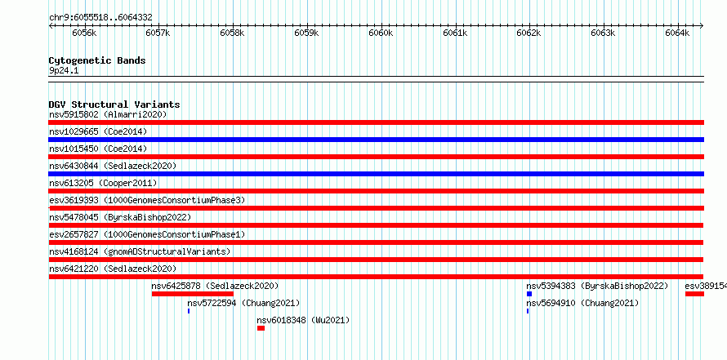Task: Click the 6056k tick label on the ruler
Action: click(84, 33)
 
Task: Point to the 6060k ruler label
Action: click(381, 33)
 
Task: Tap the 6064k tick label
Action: click(677, 33)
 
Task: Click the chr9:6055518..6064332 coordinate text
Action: click(100, 18)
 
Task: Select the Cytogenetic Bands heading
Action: click(97, 60)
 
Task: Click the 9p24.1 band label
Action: click(60, 71)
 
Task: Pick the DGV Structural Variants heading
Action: click(114, 104)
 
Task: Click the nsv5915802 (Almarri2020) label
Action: click(108, 114)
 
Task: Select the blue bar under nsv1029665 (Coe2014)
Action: click(377, 140)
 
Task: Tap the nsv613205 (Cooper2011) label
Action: click(103, 183)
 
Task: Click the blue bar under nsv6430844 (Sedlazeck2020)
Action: click(377, 174)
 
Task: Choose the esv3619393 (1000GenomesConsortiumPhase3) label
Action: click(147, 200)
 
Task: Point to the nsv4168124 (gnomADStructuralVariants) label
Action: click(140, 251)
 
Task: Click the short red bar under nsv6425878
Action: click(193, 294)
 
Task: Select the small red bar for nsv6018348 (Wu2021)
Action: click(261, 328)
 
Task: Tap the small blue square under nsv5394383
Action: click(529, 294)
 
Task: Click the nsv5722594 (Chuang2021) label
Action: click(243, 303)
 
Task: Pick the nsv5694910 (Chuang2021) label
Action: click(582, 303)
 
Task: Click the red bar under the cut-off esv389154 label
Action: click(694, 294)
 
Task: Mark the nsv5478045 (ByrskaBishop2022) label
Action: click(120, 217)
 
